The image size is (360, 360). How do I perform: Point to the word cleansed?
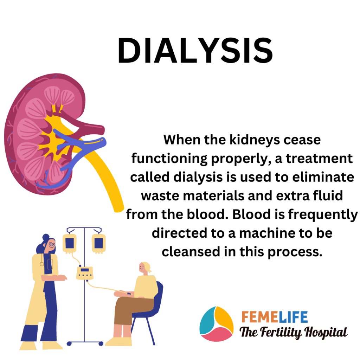coord(191,252)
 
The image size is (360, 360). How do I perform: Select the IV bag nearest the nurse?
coord(70,243)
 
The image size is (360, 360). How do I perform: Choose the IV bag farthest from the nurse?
coord(99,243)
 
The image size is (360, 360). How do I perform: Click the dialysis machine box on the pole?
coord(85,273)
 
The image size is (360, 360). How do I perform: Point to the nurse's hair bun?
coord(46,237)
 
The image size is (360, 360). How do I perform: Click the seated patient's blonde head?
coord(144,268)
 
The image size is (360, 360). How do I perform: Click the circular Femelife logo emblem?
coord(217,324)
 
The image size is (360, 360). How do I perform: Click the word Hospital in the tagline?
coord(326,332)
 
